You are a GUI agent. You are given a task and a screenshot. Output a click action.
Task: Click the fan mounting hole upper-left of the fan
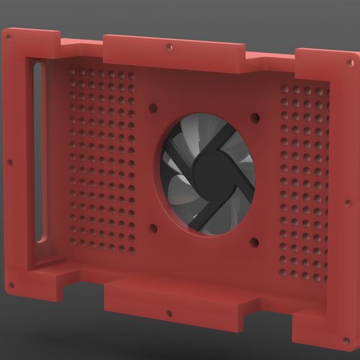(152, 107)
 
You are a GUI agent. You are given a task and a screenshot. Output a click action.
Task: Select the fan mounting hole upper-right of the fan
(255, 117)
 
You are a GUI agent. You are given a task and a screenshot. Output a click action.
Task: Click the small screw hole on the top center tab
(170, 47)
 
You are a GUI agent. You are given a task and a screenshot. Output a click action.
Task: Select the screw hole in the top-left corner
(9, 33)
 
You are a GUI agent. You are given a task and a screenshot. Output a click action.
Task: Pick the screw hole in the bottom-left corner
(10, 285)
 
